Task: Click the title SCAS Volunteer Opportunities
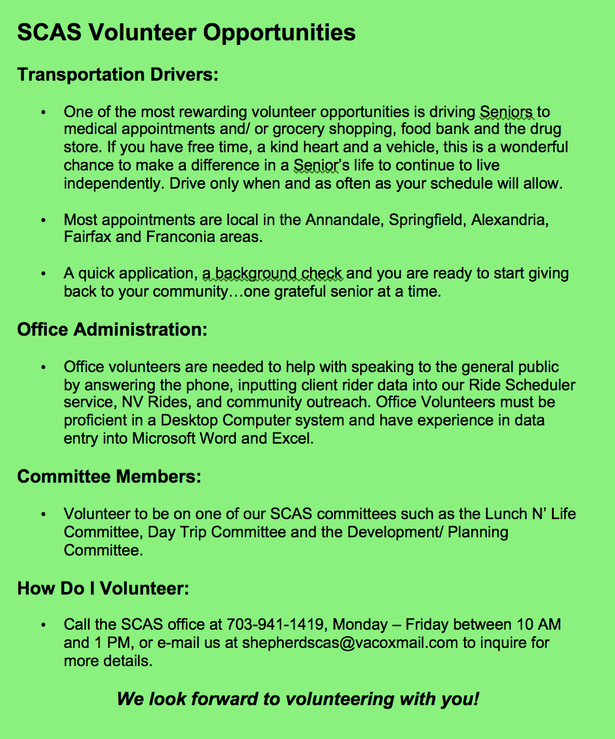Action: coord(187,32)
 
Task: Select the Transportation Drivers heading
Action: coord(118,75)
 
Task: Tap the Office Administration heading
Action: coord(112,329)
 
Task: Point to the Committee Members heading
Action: coord(109,477)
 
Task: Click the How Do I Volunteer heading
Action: coord(103,589)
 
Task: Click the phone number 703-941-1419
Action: coord(275,625)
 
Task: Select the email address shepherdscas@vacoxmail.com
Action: coord(350,643)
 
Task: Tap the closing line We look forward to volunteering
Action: coord(298,700)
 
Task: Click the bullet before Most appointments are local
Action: coord(44,221)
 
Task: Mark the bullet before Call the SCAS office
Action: coord(44,626)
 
